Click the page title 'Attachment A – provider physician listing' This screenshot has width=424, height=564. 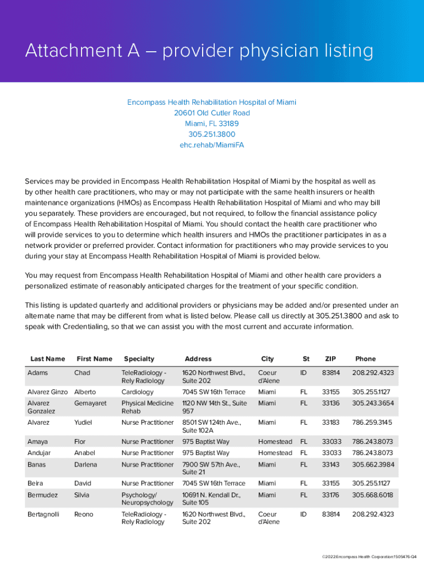click(199, 52)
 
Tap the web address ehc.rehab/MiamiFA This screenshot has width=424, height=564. click(211, 145)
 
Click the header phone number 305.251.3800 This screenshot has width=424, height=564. click(211, 134)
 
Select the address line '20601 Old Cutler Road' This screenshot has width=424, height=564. click(211, 113)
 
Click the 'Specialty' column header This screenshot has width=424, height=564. click(139, 359)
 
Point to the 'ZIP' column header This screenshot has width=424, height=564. click(330, 359)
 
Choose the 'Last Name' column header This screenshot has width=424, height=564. click(47, 359)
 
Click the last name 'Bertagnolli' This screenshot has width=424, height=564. click(46, 514)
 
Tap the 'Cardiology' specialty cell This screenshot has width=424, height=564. click(137, 392)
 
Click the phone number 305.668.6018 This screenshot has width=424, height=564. click(373, 495)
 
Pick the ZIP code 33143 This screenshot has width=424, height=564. click(331, 464)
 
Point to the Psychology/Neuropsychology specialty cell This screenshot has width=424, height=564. click(147, 498)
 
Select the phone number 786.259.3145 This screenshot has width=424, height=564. click(373, 422)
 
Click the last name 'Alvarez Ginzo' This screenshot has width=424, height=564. click(47, 392)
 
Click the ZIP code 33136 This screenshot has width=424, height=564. click(331, 403)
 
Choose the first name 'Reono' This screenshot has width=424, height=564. click(84, 514)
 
